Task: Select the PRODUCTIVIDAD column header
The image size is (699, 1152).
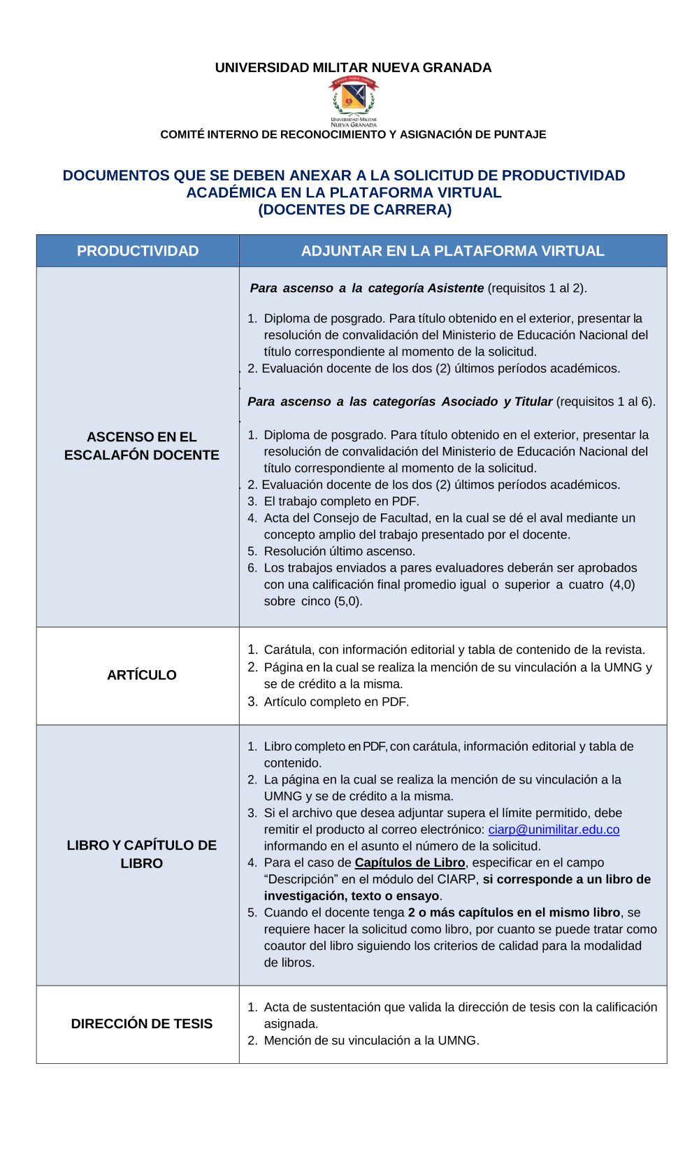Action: (x=138, y=251)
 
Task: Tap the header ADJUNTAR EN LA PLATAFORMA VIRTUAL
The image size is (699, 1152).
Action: (x=452, y=251)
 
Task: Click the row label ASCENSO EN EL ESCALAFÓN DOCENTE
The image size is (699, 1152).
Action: (x=142, y=446)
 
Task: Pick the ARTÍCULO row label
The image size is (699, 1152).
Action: (x=142, y=675)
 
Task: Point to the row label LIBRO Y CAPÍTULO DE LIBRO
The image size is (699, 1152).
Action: (x=142, y=854)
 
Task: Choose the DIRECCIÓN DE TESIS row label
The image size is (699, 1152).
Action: (x=142, y=1024)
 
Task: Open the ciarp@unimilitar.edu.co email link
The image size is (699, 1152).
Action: (x=554, y=830)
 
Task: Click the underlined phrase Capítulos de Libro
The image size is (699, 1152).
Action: (x=410, y=863)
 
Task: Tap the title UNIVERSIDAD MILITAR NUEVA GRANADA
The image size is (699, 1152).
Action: (x=353, y=68)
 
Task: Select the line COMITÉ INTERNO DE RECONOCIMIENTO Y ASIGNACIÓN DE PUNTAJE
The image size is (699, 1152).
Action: (x=353, y=134)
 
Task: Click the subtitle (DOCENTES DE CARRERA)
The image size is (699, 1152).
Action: (x=354, y=210)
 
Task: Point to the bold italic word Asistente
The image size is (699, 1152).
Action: (x=456, y=288)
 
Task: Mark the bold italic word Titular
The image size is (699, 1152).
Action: (x=533, y=401)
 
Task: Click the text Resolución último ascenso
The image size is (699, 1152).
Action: (x=340, y=551)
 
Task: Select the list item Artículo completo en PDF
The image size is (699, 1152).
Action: (x=336, y=702)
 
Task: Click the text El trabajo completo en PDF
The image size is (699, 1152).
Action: (x=341, y=502)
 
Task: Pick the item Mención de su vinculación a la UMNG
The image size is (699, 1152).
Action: (x=371, y=1041)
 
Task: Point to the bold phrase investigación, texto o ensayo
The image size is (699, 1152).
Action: (x=352, y=896)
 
